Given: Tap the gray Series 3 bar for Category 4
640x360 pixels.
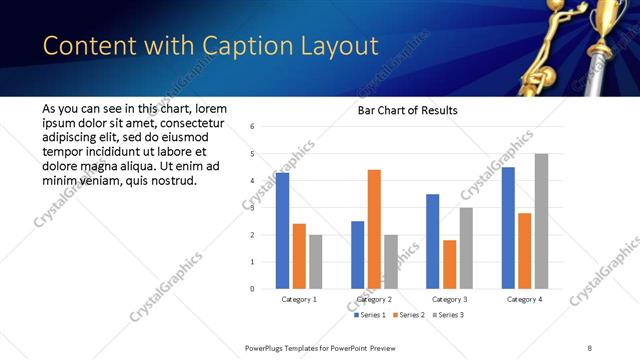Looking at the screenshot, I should click(541, 221).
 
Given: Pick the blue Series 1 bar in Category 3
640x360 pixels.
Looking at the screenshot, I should click(432, 241).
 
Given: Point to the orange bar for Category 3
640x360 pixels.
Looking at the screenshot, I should click(449, 264).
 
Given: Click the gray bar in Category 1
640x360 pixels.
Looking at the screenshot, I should click(316, 262).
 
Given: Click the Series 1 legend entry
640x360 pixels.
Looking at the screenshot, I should click(371, 315).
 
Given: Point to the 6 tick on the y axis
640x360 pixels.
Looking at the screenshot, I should click(253, 127).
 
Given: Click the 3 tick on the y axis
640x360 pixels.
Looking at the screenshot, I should click(253, 208).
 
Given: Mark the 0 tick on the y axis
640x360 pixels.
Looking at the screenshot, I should click(253, 289).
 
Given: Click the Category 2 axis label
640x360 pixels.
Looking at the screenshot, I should click(374, 299).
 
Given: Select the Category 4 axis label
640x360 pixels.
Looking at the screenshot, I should click(524, 299).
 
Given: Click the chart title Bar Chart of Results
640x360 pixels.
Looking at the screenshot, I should click(407, 110).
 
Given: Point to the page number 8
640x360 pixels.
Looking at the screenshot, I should click(589, 347).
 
